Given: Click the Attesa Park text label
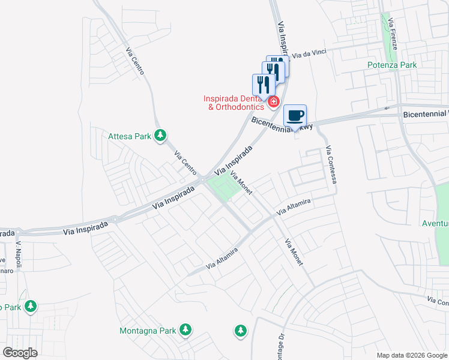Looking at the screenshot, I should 130,136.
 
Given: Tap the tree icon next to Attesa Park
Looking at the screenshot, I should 160,136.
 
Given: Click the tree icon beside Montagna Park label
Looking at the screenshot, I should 186,329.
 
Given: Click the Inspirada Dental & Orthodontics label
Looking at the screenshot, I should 234,103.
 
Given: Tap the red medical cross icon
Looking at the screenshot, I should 274,103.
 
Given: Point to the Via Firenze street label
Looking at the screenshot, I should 391,30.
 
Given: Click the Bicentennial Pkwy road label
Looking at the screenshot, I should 283,124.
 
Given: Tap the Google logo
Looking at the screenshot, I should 20,353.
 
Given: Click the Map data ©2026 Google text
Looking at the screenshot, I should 412,355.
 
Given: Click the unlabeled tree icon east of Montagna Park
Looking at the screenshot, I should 241,331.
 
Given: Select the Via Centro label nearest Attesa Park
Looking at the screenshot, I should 185,162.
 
